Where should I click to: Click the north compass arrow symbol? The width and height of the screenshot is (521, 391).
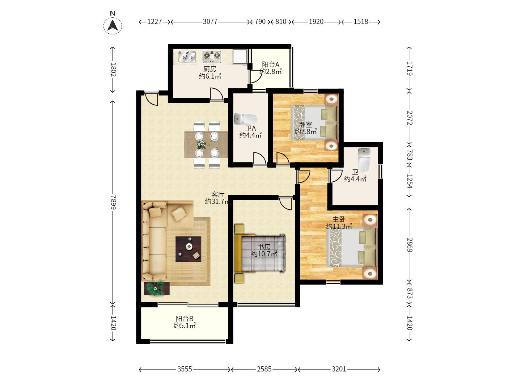113,25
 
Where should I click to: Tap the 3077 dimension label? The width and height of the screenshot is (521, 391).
210,22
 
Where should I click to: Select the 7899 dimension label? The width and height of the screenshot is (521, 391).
113,202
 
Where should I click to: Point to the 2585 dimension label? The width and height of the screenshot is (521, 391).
264,369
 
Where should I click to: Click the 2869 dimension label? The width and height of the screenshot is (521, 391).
410,245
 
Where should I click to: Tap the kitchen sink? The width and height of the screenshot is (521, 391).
187,57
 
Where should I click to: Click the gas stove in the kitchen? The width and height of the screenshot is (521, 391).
212,56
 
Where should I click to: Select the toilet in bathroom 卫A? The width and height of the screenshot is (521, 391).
246,119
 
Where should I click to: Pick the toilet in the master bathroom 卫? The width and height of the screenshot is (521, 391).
364,160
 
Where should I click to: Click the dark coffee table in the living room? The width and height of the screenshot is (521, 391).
188,249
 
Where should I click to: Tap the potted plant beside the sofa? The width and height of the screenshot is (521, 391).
156,288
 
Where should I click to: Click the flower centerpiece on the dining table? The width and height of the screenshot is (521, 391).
201,144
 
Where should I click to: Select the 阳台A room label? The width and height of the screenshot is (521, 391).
270,64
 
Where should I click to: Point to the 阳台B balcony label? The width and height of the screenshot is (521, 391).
185,318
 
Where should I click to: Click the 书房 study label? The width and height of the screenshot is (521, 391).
264,247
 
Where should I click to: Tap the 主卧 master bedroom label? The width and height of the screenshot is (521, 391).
339,219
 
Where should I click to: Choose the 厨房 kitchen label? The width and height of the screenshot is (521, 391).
210,69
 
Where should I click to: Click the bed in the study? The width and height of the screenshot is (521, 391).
260,253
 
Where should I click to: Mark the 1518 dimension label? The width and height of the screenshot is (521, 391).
361,22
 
